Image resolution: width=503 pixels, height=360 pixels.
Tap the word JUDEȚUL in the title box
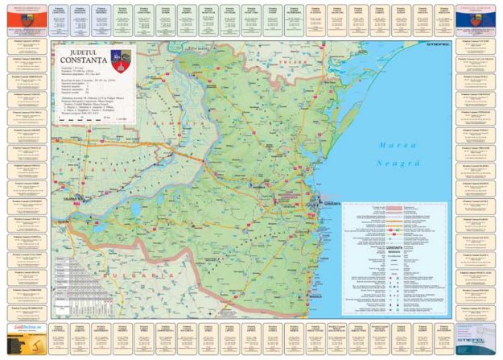pos(85,51)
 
